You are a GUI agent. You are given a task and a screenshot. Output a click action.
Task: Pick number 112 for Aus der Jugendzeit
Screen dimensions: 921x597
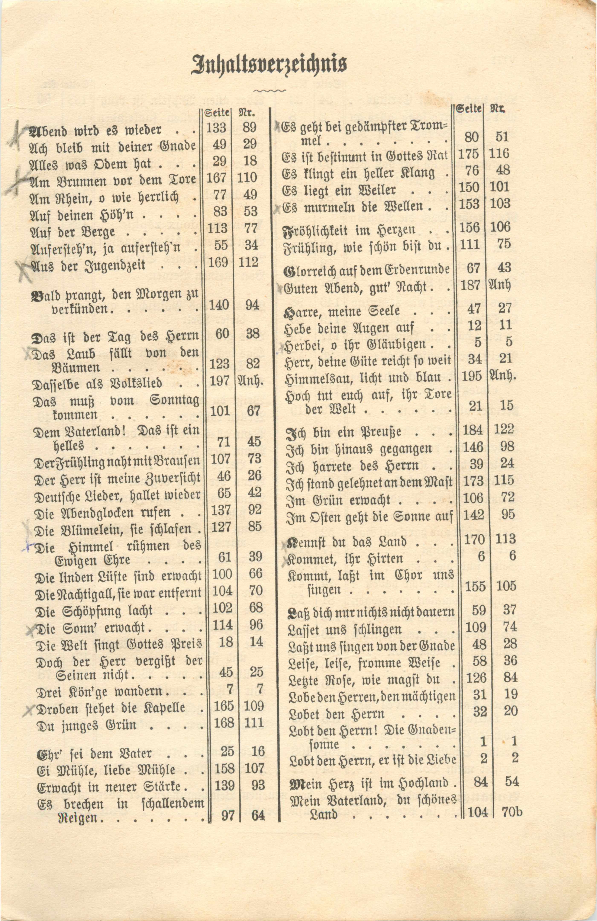pos(249,262)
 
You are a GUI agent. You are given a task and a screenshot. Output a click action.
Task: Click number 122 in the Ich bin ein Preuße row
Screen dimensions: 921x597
pos(504,429)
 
